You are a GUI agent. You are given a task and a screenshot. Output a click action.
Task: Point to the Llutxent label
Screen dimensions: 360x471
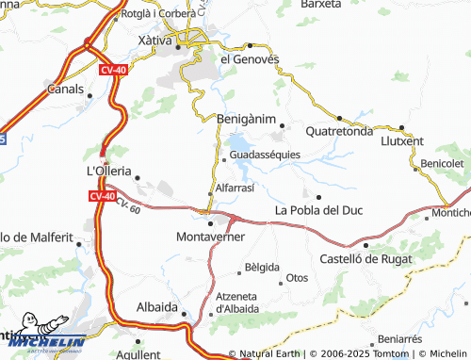tap(403, 141)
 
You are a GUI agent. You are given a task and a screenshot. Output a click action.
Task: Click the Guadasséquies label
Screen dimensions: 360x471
tap(265, 155)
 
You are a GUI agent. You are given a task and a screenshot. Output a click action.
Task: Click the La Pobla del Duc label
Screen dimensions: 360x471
tap(317, 210)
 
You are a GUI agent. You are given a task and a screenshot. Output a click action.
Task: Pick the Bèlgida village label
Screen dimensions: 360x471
tap(262, 268)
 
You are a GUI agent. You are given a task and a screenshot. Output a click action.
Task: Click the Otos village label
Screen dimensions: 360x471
tap(298, 278)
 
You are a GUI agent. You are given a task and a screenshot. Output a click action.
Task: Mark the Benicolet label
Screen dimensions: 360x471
tap(442, 163)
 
